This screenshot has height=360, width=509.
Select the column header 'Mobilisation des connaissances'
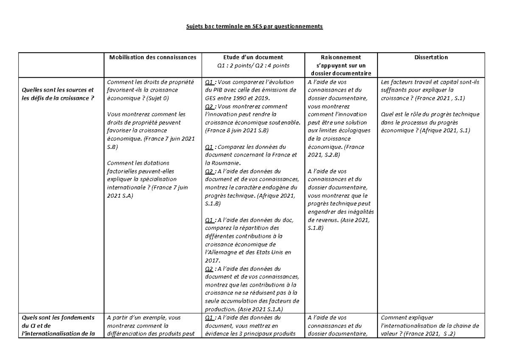153,57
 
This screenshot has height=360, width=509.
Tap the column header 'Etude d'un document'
253,57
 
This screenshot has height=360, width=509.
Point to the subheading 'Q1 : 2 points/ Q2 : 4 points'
253,65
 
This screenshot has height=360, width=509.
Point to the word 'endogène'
280,187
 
